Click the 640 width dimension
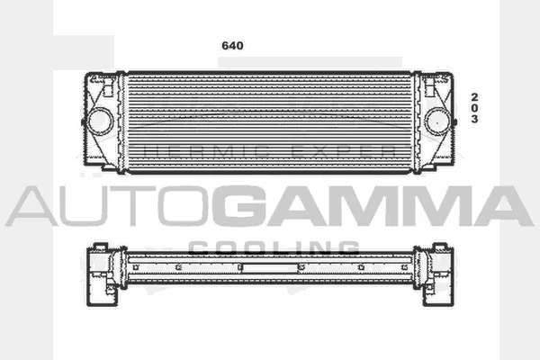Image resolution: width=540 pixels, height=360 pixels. [233, 44]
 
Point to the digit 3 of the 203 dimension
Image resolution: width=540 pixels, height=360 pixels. [474, 120]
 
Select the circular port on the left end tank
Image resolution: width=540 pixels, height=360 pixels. [97, 119]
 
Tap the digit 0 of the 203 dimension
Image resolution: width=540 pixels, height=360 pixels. [474, 107]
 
